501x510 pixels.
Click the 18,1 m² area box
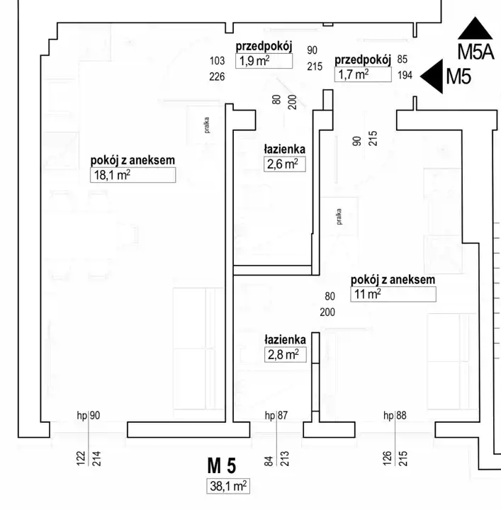coord(133,176)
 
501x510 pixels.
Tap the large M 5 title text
coord(221,466)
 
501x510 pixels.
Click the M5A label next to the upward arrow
coord(475,52)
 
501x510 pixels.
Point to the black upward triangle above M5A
coord(475,28)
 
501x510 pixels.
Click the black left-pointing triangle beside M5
coord(429,76)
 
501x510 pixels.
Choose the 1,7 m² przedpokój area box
coord(362,74)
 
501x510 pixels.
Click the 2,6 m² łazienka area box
coord(283,165)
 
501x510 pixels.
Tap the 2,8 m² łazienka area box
coord(285,355)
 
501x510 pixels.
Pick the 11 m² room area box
coord(393,294)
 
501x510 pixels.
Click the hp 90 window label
coord(89,416)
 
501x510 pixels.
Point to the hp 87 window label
coord(276,416)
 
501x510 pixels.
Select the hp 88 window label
coord(394,416)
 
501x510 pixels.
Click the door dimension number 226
coord(218,76)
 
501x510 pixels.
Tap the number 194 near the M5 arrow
coord(405,75)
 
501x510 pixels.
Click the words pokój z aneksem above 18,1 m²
coord(133,161)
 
